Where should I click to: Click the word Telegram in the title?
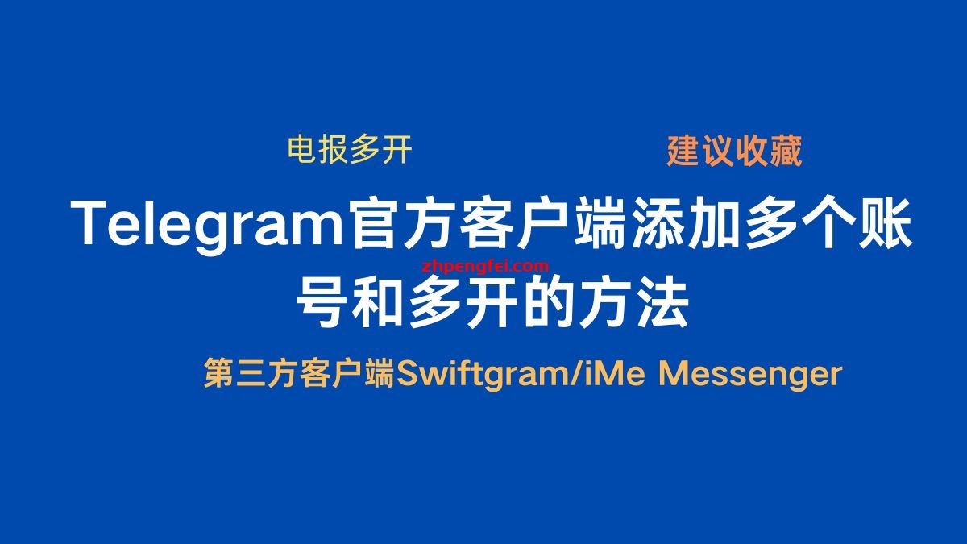coord(207,226)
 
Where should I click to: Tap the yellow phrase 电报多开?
coord(350,149)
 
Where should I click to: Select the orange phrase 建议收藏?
coord(734,151)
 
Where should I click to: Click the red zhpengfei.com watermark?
coord(485,267)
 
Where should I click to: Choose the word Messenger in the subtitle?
coord(750,374)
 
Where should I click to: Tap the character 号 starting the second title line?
coord(322,303)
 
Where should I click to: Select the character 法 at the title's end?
coord(662,303)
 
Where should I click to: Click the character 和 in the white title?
coord(378,303)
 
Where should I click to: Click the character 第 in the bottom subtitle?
coord(219,373)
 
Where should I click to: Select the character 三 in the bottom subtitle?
coord(251,373)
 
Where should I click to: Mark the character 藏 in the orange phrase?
coord(786,151)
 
